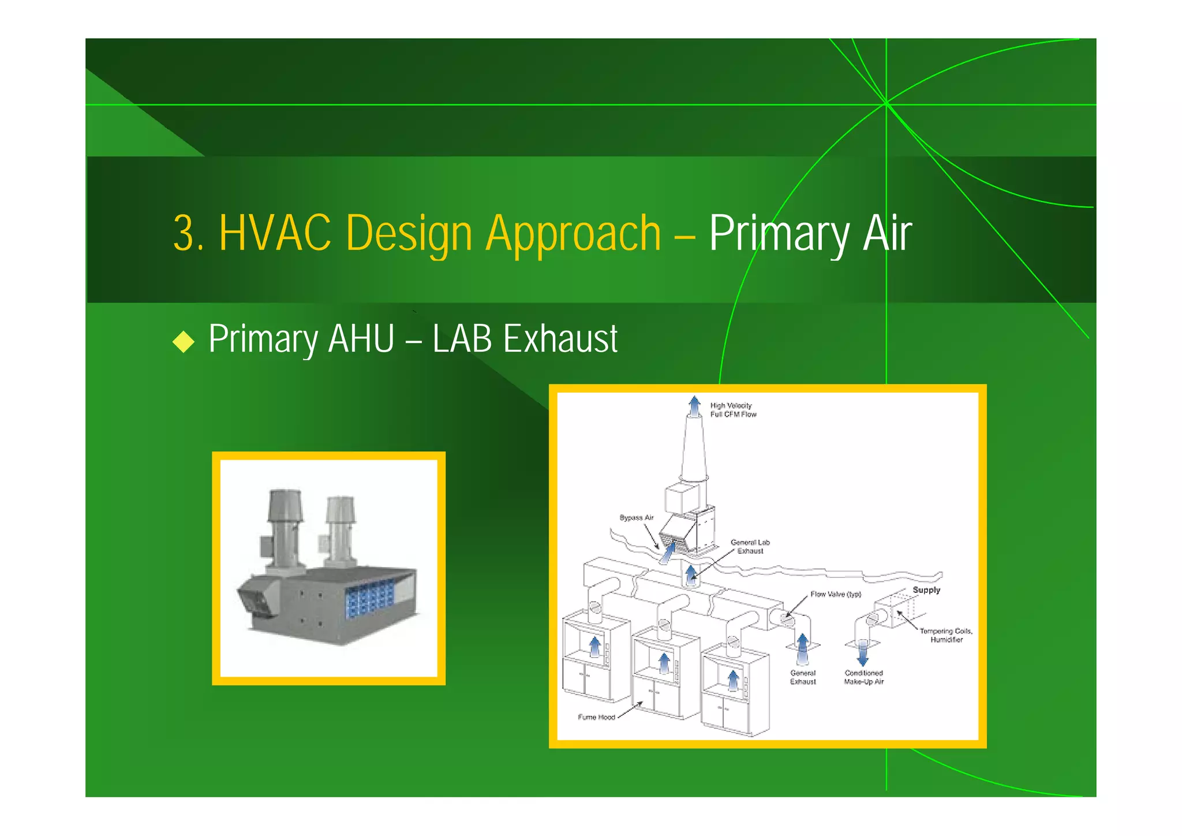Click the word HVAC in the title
275,233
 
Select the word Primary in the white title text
779,234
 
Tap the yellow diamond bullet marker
184,341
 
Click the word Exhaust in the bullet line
560,339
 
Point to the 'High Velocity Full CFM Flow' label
732,410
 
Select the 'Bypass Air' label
636,517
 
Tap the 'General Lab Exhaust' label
750,546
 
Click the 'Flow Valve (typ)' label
835,594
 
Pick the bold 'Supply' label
926,590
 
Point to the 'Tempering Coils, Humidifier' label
945,635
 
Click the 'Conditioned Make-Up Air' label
863,677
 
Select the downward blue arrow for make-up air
862,653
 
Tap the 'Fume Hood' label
596,717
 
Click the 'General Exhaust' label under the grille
803,677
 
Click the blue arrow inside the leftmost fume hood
594,647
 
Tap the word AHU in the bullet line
361,339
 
